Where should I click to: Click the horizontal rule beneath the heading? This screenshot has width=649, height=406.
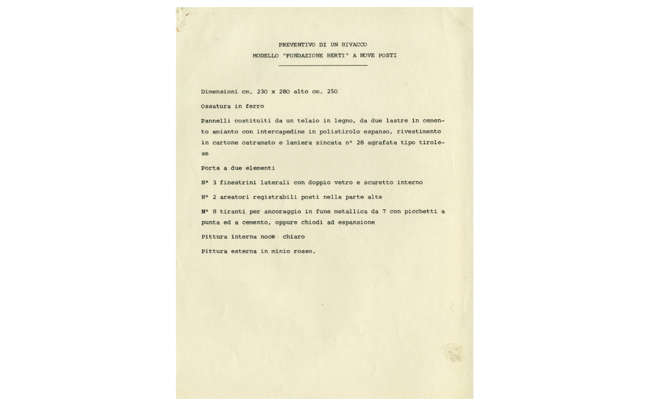[323, 65]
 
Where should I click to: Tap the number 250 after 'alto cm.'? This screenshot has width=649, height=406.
[332, 92]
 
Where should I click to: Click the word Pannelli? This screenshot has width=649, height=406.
[215, 121]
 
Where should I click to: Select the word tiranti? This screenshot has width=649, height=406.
[232, 212]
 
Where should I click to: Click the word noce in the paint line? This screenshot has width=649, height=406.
[264, 237]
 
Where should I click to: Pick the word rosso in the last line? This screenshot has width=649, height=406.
[303, 251]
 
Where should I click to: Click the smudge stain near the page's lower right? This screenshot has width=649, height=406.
[452, 353]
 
